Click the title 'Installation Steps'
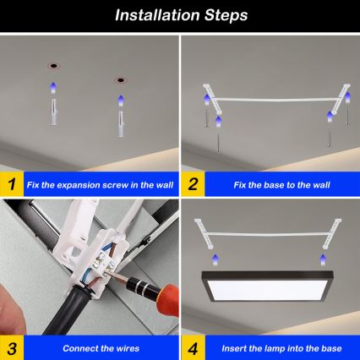(x=180, y=15)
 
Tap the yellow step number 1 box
(x=11, y=183)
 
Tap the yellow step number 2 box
(x=192, y=183)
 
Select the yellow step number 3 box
(x=11, y=347)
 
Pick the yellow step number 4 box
(x=192, y=347)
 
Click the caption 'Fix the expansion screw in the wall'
(x=99, y=183)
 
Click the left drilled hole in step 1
(x=53, y=65)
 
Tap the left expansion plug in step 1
(x=53, y=109)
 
